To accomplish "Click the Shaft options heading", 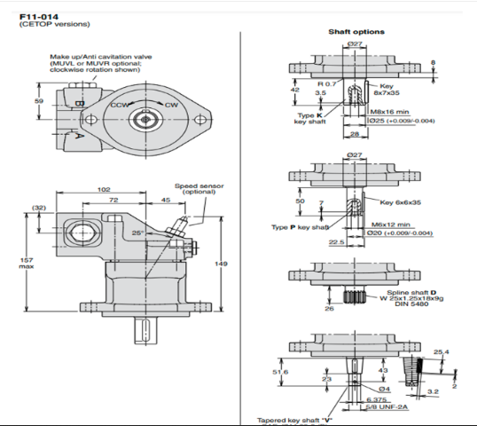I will click(356, 32).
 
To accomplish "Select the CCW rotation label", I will click(116, 105).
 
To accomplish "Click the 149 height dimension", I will click(223, 264).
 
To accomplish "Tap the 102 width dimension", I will click(104, 188).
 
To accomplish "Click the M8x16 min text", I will click(391, 111).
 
